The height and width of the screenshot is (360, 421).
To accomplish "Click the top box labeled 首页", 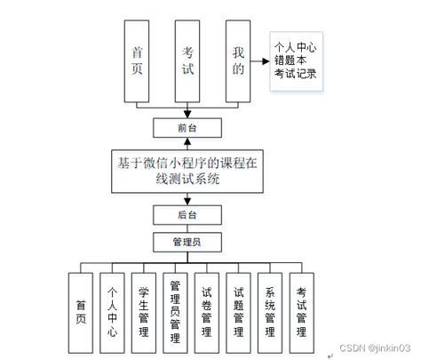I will (137, 61).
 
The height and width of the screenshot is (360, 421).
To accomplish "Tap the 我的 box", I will (235, 61).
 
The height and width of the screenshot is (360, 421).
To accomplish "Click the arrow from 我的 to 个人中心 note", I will (259, 61).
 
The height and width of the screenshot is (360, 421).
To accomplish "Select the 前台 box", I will (187, 128).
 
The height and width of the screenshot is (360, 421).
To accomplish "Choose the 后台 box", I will (187, 215).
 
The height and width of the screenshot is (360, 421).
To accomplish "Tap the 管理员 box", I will (187, 240).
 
